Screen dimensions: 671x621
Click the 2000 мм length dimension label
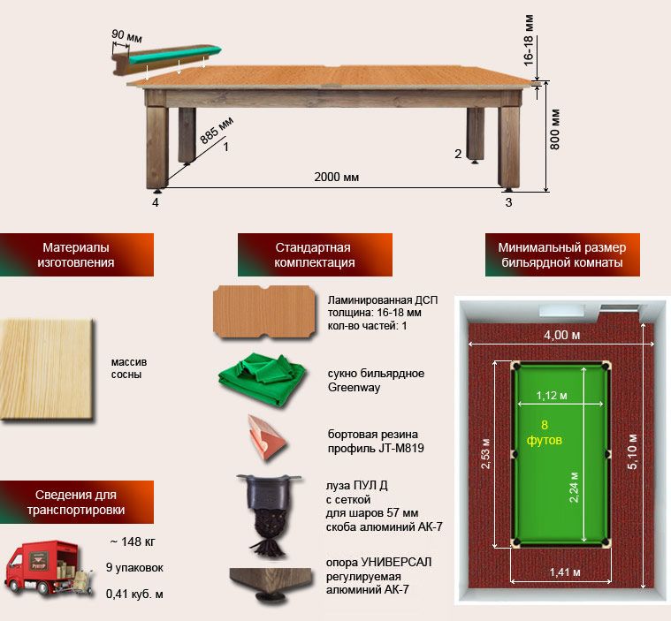coord(336,177)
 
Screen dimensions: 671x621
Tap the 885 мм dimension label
coord(217,130)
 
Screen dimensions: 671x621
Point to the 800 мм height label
coord(554,129)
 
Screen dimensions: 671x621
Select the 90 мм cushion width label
coord(126,36)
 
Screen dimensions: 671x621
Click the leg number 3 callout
coord(508,202)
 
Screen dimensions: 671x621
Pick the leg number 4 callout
coord(156,202)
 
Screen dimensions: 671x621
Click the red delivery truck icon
coord(49,569)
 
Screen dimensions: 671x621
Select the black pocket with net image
coord(268,515)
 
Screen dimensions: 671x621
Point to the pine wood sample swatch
coord(46,370)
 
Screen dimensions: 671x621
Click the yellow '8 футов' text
coord(545,432)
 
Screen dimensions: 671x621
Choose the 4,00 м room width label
coord(562,336)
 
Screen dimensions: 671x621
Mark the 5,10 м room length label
coord(632,451)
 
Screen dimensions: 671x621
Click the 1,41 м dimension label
coord(565,572)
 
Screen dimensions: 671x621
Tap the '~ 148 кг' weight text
coord(133,541)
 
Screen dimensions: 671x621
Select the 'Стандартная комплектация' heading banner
coord(315,254)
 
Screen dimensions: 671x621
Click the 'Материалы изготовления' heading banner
coord(77,254)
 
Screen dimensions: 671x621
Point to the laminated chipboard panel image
coord(264,312)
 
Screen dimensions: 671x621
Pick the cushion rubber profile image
coord(266,437)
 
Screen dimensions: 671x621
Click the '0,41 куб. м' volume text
coord(134,594)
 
